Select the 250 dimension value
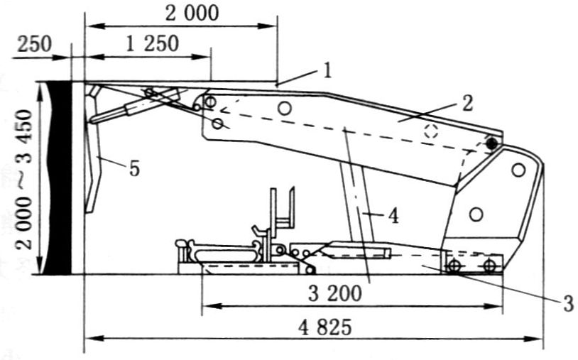click(34, 43)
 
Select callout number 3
click(567, 303)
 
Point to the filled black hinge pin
click(491, 143)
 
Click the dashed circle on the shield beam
click(430, 131)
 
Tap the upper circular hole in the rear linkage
click(518, 170)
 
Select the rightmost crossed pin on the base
click(489, 266)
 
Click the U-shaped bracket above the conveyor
click(282, 209)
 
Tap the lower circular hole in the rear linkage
click(476, 214)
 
